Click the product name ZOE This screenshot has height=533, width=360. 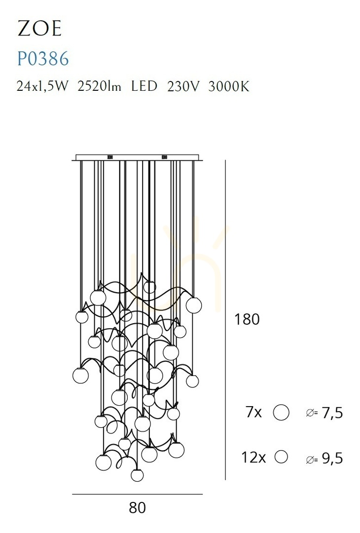click(x=39, y=28)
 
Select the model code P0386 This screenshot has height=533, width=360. click(x=43, y=58)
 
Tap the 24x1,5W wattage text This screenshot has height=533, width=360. click(x=42, y=86)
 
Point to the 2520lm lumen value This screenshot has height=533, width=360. click(x=99, y=86)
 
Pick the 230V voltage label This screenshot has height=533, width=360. click(x=183, y=86)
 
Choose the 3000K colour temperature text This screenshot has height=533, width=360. click(x=229, y=86)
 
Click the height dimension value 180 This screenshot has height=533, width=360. click(x=247, y=319)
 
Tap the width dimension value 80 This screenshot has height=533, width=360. click(x=138, y=507)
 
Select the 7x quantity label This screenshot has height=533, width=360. click(x=253, y=412)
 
